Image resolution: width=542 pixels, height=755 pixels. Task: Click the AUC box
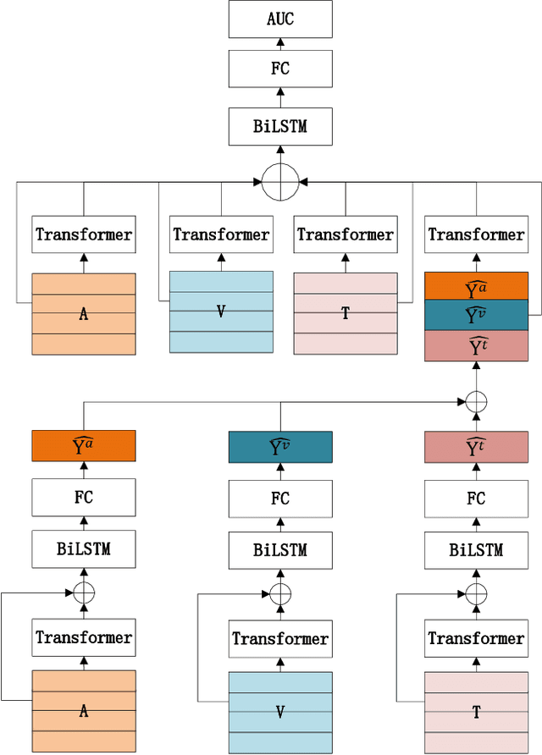[280, 19]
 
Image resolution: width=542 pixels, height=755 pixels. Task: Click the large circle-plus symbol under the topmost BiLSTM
[280, 182]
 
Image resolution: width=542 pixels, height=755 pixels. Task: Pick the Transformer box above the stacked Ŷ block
[476, 234]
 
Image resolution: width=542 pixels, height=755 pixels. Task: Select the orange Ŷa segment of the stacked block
[476, 286]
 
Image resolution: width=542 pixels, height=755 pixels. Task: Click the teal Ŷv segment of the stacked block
[476, 315]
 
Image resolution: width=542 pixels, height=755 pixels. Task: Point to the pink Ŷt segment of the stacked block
[476, 345]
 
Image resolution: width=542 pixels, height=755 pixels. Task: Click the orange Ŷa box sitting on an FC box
[84, 446]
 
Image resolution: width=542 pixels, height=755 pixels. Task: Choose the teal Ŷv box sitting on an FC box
[280, 446]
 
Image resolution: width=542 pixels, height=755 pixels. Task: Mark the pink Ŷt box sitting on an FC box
[476, 446]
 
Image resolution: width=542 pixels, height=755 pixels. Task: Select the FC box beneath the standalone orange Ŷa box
[84, 499]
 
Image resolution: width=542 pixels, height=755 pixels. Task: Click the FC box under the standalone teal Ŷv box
[280, 499]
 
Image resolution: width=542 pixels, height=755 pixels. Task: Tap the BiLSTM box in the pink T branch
[476, 550]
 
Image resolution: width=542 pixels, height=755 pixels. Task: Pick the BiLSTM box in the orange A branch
[84, 550]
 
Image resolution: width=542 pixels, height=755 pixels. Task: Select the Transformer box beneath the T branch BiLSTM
[476, 638]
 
